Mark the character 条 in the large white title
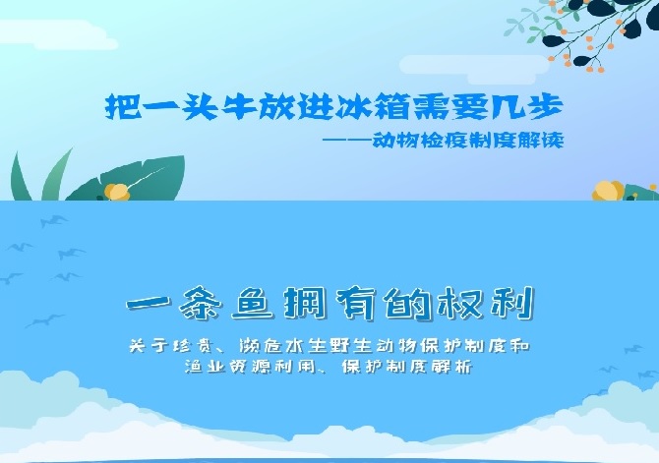pos(200,303)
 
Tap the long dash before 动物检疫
pos(347,139)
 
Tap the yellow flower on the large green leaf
pos(116,192)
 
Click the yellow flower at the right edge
pos(608,191)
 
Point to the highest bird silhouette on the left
pos(54,220)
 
